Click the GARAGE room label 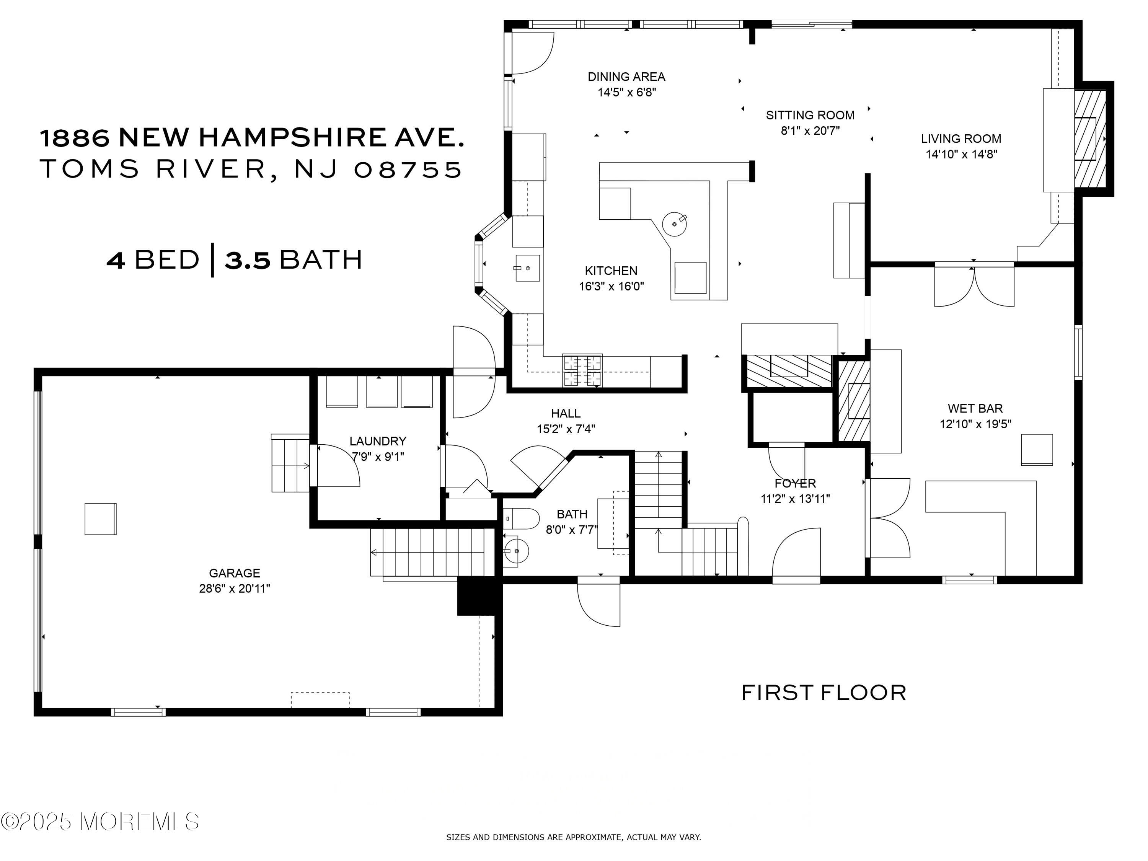click(234, 573)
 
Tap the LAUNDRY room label click(378, 441)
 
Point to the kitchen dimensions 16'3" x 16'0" click(612, 286)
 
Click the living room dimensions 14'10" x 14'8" click(962, 154)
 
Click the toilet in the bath click(522, 518)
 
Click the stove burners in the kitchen click(583, 370)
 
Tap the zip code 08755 click(408, 169)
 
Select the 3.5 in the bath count click(248, 259)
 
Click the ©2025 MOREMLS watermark click(99, 821)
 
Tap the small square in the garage click(101, 519)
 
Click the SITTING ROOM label click(810, 115)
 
